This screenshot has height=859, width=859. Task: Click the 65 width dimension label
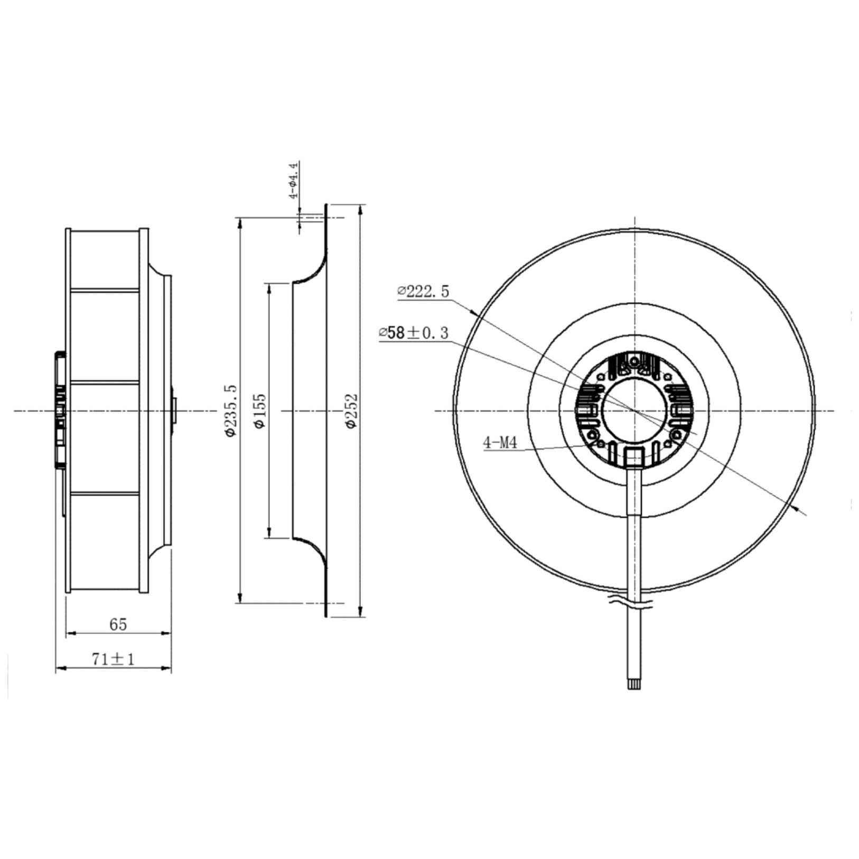coord(118,624)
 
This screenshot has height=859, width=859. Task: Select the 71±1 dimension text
coord(114,659)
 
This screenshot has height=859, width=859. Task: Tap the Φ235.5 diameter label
coord(231,410)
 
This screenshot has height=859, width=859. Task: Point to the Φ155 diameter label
coord(260,410)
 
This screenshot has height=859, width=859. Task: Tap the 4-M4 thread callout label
coord(500,443)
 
